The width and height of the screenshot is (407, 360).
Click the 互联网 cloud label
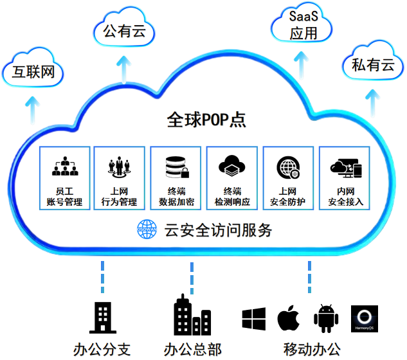32,73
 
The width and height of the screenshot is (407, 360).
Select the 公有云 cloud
124,30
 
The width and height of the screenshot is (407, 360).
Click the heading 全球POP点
206,120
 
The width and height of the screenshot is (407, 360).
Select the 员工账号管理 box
65,177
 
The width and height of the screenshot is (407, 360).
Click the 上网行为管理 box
119,177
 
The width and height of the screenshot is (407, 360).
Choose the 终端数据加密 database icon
176,167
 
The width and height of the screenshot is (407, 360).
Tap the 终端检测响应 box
232,177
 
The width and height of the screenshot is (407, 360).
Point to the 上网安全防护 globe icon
287,167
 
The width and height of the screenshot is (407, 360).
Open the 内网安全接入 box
345,177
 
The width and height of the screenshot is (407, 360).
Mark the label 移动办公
311,350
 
